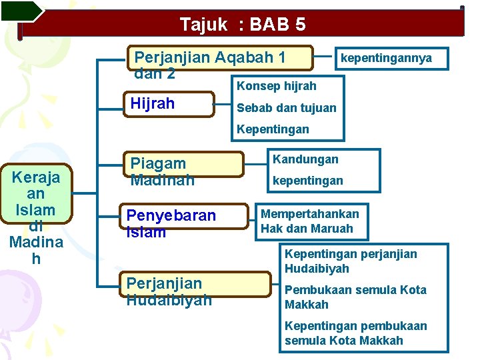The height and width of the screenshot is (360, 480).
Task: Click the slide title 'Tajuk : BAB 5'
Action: [x=243, y=25]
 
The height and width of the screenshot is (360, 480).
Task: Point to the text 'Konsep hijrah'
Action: [x=277, y=86]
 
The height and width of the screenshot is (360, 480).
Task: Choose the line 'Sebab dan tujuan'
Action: [x=287, y=107]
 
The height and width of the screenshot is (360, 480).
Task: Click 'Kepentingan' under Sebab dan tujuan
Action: [x=273, y=129]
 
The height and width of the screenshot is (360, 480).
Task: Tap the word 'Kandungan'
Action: [x=305, y=159]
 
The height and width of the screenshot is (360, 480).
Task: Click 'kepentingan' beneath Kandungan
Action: [x=307, y=180]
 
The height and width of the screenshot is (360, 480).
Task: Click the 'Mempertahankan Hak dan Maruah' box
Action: [x=310, y=221]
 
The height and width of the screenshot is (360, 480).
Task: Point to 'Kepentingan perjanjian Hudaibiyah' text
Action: [x=351, y=261]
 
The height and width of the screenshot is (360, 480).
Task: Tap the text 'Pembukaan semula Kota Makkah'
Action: [x=355, y=297]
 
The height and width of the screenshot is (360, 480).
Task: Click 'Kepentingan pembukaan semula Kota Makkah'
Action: [x=355, y=333]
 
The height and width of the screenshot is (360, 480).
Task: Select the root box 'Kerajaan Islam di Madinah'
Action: [x=36, y=216]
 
